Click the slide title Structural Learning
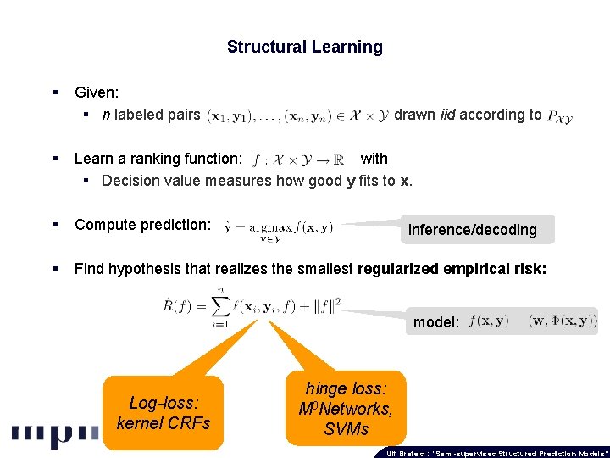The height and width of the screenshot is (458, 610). tap(304, 47)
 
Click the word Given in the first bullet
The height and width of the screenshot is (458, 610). tap(96, 92)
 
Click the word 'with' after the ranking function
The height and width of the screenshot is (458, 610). tap(374, 159)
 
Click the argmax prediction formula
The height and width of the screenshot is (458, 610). tap(279, 228)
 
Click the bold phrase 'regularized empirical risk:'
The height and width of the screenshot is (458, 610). tap(452, 270)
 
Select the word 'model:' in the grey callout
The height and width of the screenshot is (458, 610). tap(436, 322)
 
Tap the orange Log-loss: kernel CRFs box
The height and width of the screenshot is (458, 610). tap(163, 413)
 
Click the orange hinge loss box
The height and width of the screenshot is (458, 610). tap(346, 409)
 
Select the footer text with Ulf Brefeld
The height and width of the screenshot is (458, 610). tap(496, 453)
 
